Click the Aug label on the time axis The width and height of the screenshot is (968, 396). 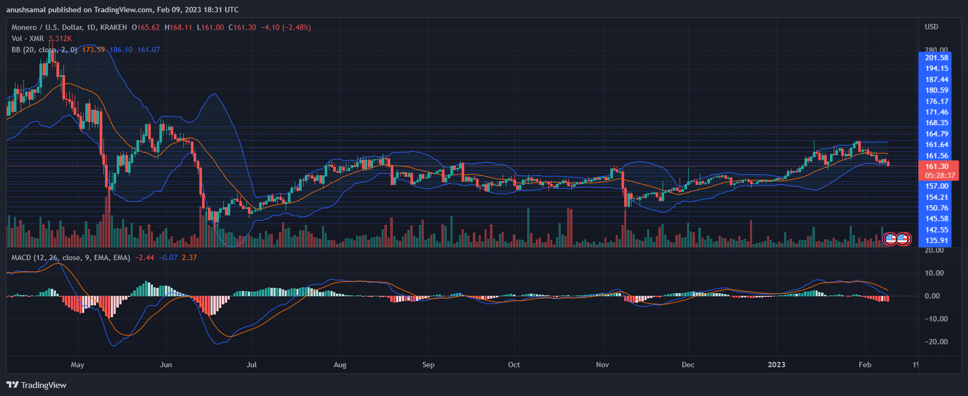(x=340, y=365)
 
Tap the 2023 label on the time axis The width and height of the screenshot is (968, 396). (x=776, y=365)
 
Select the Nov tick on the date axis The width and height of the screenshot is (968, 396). (x=602, y=365)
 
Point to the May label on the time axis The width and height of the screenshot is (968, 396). (x=77, y=365)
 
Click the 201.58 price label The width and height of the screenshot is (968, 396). (x=937, y=58)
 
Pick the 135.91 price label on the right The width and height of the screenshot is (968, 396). (x=937, y=240)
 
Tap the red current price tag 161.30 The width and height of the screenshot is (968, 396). (x=937, y=166)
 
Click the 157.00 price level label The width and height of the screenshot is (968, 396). (x=937, y=186)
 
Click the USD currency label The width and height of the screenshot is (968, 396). (x=931, y=27)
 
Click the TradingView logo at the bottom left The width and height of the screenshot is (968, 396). (x=36, y=385)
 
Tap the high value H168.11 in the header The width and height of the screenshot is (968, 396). (x=178, y=27)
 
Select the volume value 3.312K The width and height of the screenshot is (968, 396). (x=60, y=38)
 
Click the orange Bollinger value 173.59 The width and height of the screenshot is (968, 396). (x=93, y=50)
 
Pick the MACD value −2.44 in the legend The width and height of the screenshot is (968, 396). (x=144, y=257)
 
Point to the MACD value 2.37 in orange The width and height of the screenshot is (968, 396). (x=189, y=257)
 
